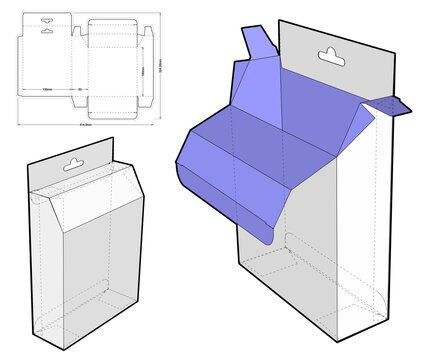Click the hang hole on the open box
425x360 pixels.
(327, 53)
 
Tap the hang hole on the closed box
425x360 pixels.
(74, 161)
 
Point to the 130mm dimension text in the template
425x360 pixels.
(47, 89)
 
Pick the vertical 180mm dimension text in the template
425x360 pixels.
(143, 70)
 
